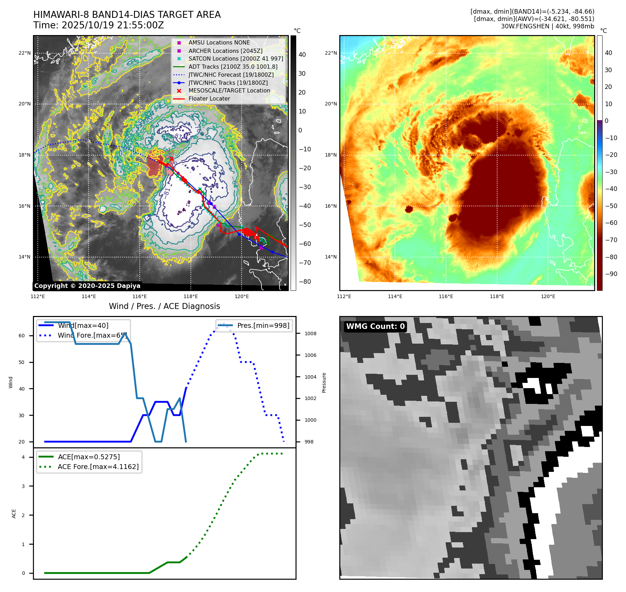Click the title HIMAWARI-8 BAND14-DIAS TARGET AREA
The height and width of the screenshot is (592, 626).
tap(127, 15)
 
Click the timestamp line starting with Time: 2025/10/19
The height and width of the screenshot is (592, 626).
tap(98, 25)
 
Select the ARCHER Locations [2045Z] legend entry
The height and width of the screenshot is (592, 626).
tap(225, 51)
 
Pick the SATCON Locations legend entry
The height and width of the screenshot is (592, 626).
tap(236, 59)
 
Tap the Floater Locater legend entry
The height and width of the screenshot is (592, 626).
tap(209, 99)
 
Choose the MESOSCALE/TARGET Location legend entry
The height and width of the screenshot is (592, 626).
tap(229, 91)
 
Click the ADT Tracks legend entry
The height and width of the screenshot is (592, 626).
tap(233, 67)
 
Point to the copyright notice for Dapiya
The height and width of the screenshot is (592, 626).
tap(87, 286)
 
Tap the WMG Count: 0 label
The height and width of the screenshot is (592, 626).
tap(375, 326)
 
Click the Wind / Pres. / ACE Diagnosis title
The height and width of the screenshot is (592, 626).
tap(165, 306)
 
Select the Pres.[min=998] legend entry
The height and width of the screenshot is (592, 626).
tap(263, 326)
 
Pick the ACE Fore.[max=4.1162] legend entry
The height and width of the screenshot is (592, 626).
tap(98, 467)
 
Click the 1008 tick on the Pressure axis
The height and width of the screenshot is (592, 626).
tap(310, 333)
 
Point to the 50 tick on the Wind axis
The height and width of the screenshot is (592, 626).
tap(22, 362)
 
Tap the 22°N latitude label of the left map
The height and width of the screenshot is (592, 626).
tap(25, 53)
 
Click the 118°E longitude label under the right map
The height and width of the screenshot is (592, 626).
tap(497, 296)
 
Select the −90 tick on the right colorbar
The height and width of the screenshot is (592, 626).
tap(611, 274)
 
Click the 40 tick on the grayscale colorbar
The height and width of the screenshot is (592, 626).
tap(302, 55)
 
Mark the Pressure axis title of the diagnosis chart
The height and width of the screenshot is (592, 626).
tap(324, 383)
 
